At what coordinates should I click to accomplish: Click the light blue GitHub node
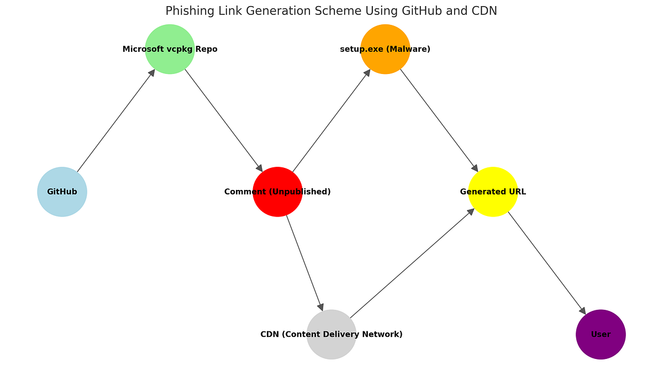62,192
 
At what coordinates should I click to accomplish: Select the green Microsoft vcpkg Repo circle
170,49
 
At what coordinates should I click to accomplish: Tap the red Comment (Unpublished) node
277,192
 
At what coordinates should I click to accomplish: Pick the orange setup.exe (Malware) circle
385,49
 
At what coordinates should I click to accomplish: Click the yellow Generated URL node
493,192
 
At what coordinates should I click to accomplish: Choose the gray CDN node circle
331,335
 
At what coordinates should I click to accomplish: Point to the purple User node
601,335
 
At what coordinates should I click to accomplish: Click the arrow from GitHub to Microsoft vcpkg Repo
116,120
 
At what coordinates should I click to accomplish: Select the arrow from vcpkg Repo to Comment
224,120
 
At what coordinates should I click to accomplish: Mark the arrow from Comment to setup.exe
331,120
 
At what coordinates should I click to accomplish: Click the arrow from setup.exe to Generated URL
439,120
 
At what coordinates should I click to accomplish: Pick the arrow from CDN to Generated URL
412,263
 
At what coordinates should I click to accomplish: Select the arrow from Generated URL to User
547,263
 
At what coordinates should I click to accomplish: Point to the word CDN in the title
485,11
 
